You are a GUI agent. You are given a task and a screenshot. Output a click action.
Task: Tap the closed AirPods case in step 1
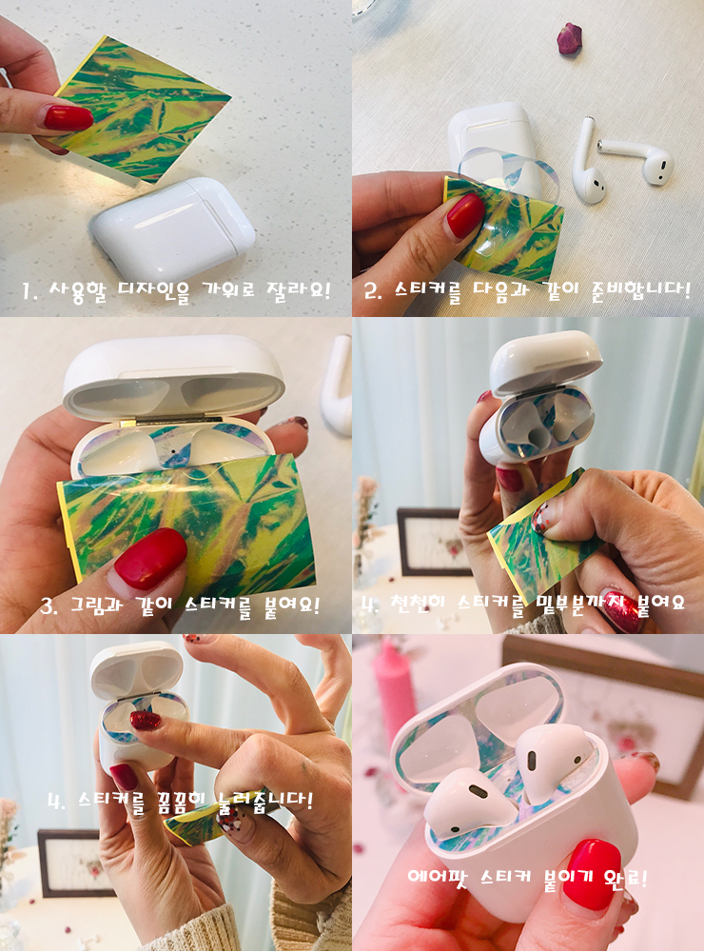pyautogui.click(x=173, y=228)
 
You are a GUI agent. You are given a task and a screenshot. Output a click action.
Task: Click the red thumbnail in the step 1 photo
pyautogui.click(x=68, y=117)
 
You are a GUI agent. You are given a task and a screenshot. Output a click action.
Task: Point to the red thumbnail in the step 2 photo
pyautogui.click(x=465, y=215)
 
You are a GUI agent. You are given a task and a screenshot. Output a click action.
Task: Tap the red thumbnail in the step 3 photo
pyautogui.click(x=150, y=558)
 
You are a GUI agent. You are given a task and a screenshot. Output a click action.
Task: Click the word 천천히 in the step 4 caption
pyautogui.click(x=418, y=603)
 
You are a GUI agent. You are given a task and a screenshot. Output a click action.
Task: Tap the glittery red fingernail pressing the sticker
pyautogui.click(x=146, y=721)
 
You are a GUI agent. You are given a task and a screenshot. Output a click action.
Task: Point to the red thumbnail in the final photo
pyautogui.click(x=592, y=874)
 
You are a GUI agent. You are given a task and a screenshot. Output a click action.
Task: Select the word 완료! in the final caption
pyautogui.click(x=626, y=878)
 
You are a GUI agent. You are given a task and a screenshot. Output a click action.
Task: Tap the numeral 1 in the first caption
pyautogui.click(x=26, y=291)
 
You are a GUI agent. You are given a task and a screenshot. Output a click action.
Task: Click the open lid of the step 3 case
pyautogui.click(x=173, y=376)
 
